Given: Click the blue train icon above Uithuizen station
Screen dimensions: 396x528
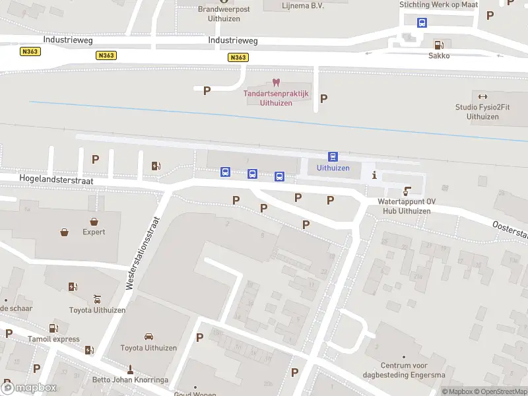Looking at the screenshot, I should pos(333,157).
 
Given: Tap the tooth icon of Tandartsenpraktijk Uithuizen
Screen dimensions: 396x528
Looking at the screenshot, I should pos(276,83).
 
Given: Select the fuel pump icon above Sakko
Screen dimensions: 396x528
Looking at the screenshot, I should pos(438,44).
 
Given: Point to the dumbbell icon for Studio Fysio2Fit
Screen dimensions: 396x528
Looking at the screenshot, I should pos(482,96).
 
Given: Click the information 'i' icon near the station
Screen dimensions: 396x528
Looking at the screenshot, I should pos(375,175).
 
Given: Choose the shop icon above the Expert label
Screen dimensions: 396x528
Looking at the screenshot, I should pos(94,221).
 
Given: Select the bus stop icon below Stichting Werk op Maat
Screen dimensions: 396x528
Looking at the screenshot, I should pos(422,22).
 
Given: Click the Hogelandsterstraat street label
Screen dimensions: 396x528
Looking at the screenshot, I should pos(57,180).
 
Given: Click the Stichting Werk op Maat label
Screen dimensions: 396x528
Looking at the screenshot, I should pos(438,5).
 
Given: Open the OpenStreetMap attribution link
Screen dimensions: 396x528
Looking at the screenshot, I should pos(502,391).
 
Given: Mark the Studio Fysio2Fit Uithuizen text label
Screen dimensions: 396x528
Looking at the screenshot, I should pos(482,112).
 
